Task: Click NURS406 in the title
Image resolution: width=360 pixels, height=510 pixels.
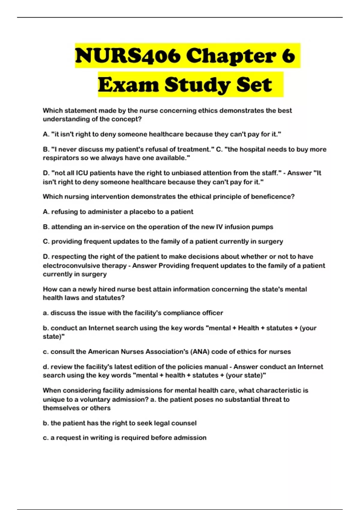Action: point(127,56)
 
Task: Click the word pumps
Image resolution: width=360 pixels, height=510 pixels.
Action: point(263,227)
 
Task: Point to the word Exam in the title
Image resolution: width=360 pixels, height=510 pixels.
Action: point(128,85)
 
